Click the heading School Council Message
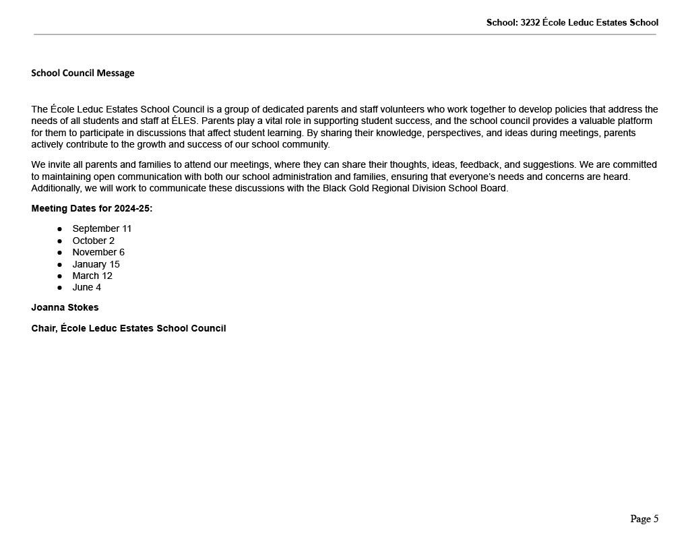83,73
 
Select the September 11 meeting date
102,228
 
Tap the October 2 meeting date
93,241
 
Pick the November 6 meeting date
98,252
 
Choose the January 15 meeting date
96,264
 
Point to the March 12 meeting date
92,276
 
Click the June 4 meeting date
86,287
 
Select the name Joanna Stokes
65,307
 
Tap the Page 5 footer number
644,518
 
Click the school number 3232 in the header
530,22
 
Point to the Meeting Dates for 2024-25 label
92,208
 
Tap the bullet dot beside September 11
59,229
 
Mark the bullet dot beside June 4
59,288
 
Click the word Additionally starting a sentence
55,188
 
